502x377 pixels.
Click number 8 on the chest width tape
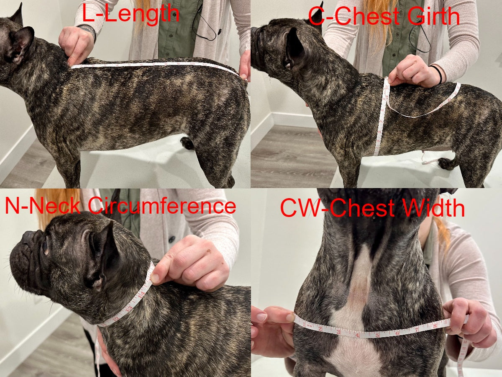[x=435, y=324]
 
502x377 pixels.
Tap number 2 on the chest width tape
[x=320, y=329]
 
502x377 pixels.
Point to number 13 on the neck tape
[x=130, y=308]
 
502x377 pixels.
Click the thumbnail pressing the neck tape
[x=155, y=278]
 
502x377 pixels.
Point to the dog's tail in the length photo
[x=187, y=143]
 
